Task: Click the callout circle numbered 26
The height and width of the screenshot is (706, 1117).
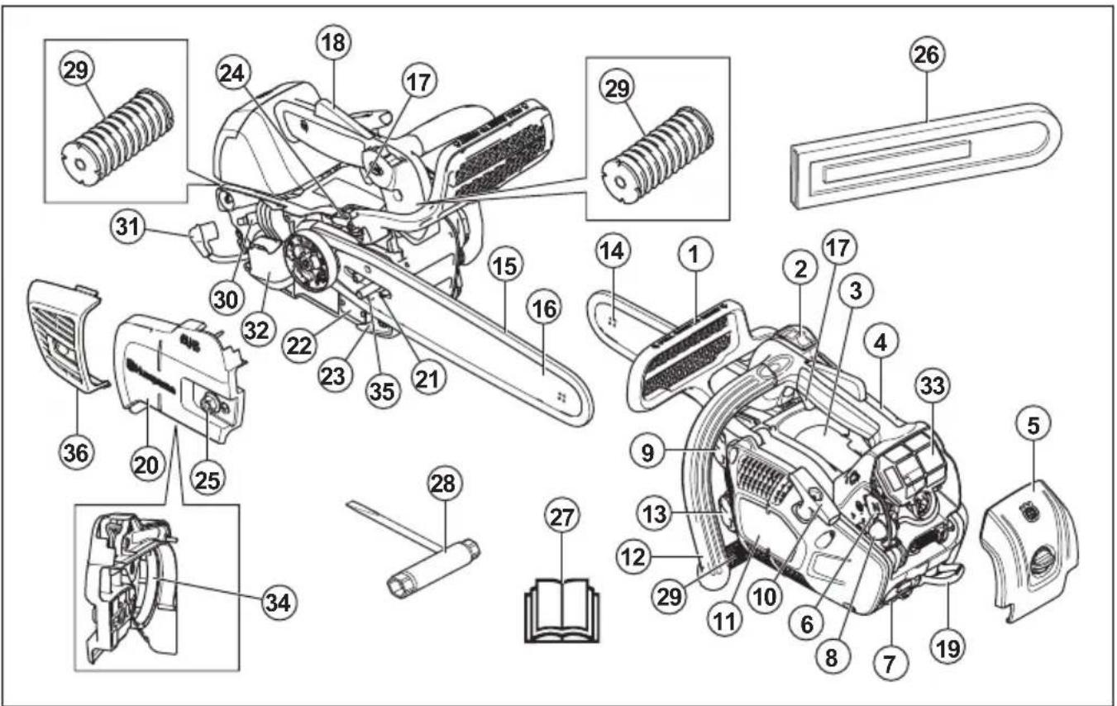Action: coord(927,55)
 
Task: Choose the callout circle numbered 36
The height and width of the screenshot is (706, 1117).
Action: coord(77,451)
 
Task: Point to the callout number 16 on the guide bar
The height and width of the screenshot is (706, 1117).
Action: coord(543,311)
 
